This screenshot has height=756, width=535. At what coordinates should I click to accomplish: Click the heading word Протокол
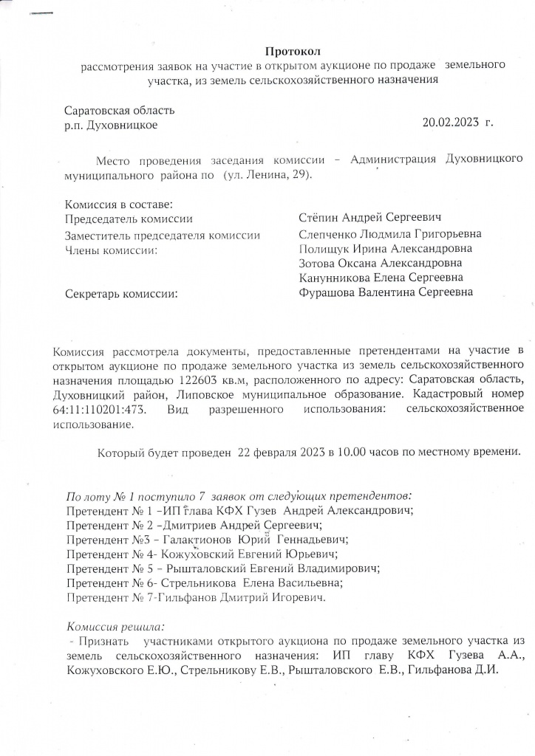293,51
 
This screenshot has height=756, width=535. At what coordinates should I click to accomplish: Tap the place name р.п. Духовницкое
111,126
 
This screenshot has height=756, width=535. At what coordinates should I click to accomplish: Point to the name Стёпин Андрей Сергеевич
369,218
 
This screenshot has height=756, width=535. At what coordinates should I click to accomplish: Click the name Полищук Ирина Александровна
385,249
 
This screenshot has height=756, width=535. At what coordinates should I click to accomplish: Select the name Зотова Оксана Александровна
381,264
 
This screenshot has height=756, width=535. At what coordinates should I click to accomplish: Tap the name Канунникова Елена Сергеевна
381,278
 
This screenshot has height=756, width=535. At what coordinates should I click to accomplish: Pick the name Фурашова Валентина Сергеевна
386,293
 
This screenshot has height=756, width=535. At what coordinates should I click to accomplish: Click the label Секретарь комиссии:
122,294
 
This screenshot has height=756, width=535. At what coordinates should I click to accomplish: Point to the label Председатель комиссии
129,219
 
